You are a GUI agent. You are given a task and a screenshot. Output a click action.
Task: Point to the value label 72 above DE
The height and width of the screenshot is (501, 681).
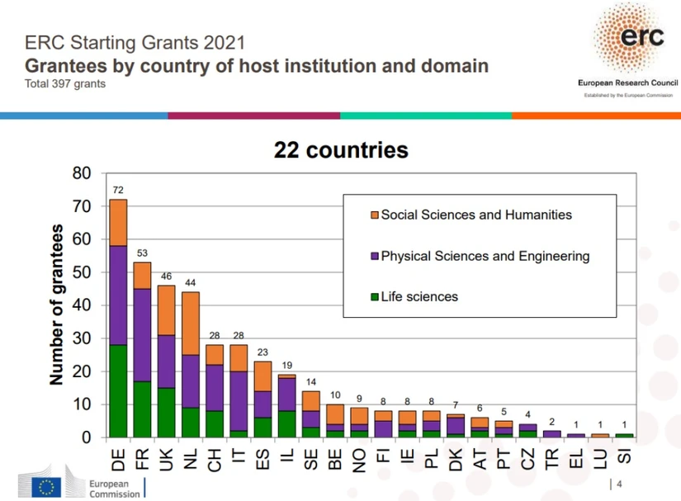click(118, 190)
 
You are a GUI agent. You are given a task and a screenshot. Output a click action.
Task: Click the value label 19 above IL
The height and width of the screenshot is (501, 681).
click(287, 365)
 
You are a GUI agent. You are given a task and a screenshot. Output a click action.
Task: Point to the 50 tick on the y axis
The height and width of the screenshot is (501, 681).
click(83, 272)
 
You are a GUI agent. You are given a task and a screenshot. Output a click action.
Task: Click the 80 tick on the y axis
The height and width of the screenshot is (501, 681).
click(83, 173)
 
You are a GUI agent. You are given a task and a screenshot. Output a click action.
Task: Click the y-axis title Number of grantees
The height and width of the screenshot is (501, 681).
click(56, 305)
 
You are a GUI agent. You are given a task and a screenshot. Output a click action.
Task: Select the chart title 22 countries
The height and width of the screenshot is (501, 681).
click(341, 150)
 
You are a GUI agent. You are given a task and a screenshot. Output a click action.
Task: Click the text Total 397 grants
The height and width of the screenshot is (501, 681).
click(65, 84)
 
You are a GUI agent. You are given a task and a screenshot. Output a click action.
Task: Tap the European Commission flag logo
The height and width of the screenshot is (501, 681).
click(46, 486)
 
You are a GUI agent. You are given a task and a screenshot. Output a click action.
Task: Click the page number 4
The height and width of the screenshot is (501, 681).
click(619, 484)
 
